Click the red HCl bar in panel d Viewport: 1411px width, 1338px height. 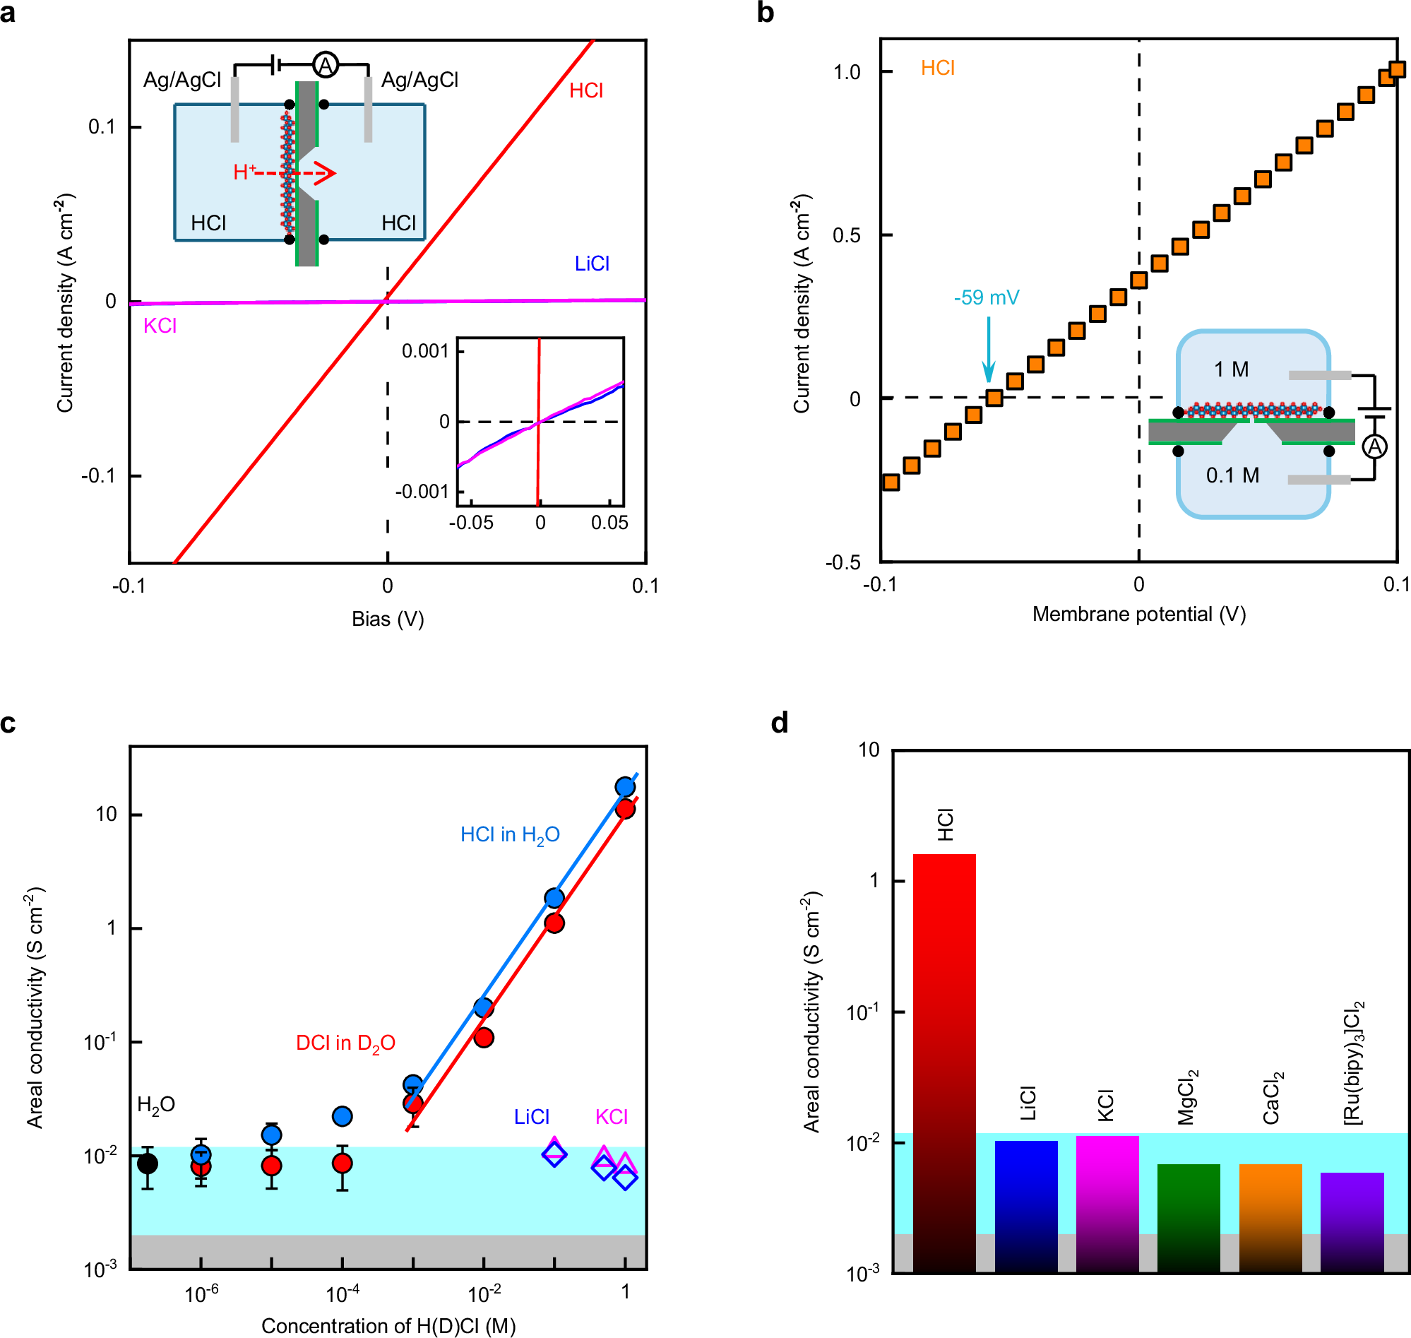[x=944, y=1062]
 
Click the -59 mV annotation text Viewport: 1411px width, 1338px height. [x=986, y=297]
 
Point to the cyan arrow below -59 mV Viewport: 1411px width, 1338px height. [x=988, y=350]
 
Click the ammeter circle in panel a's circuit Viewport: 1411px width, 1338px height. [x=325, y=66]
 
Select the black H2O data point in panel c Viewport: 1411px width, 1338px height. [x=147, y=1164]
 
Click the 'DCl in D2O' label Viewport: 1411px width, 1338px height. [x=345, y=1043]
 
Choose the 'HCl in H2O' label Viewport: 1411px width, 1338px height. [x=510, y=835]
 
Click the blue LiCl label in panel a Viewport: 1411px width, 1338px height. [x=592, y=264]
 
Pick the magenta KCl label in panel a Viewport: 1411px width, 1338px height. [x=160, y=326]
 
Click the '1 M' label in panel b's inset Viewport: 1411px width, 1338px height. [x=1231, y=369]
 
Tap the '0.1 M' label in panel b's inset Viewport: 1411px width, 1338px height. [x=1232, y=475]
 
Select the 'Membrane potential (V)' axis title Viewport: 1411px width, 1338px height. [x=1138, y=614]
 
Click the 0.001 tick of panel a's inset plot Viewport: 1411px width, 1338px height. [x=425, y=351]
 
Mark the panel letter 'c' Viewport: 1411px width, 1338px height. [x=8, y=723]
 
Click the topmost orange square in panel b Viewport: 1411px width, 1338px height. [x=1396, y=69]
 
